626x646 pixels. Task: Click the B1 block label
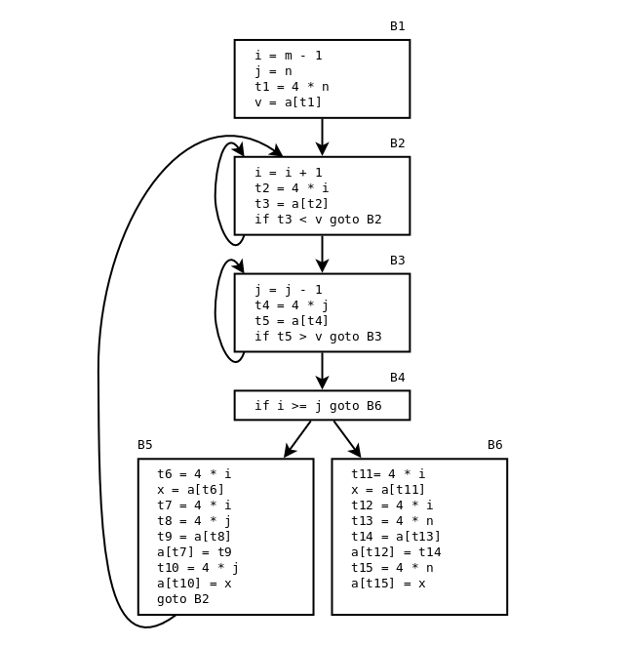tap(397, 26)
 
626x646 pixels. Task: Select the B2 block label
tap(397, 143)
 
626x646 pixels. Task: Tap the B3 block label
tap(397, 261)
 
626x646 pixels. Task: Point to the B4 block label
tap(397, 378)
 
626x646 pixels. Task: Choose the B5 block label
tap(144, 445)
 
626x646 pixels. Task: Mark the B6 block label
tap(494, 445)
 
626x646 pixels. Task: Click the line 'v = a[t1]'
tap(288, 102)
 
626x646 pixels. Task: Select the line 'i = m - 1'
tap(288, 56)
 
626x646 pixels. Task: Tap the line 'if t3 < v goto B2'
tap(318, 220)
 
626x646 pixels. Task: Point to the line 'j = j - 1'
tap(288, 290)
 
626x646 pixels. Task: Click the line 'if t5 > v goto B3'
tap(318, 337)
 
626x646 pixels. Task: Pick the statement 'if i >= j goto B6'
tap(318, 406)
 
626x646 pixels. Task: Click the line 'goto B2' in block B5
tap(182, 599)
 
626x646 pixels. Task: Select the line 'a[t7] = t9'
tap(194, 552)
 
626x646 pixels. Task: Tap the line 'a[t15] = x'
tap(388, 584)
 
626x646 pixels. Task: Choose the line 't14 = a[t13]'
tap(396, 537)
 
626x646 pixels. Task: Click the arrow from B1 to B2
tap(322, 137)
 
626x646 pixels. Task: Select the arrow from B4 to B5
tap(297, 439)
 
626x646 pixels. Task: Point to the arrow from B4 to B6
tap(347, 439)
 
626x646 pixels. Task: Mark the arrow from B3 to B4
tap(322, 371)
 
